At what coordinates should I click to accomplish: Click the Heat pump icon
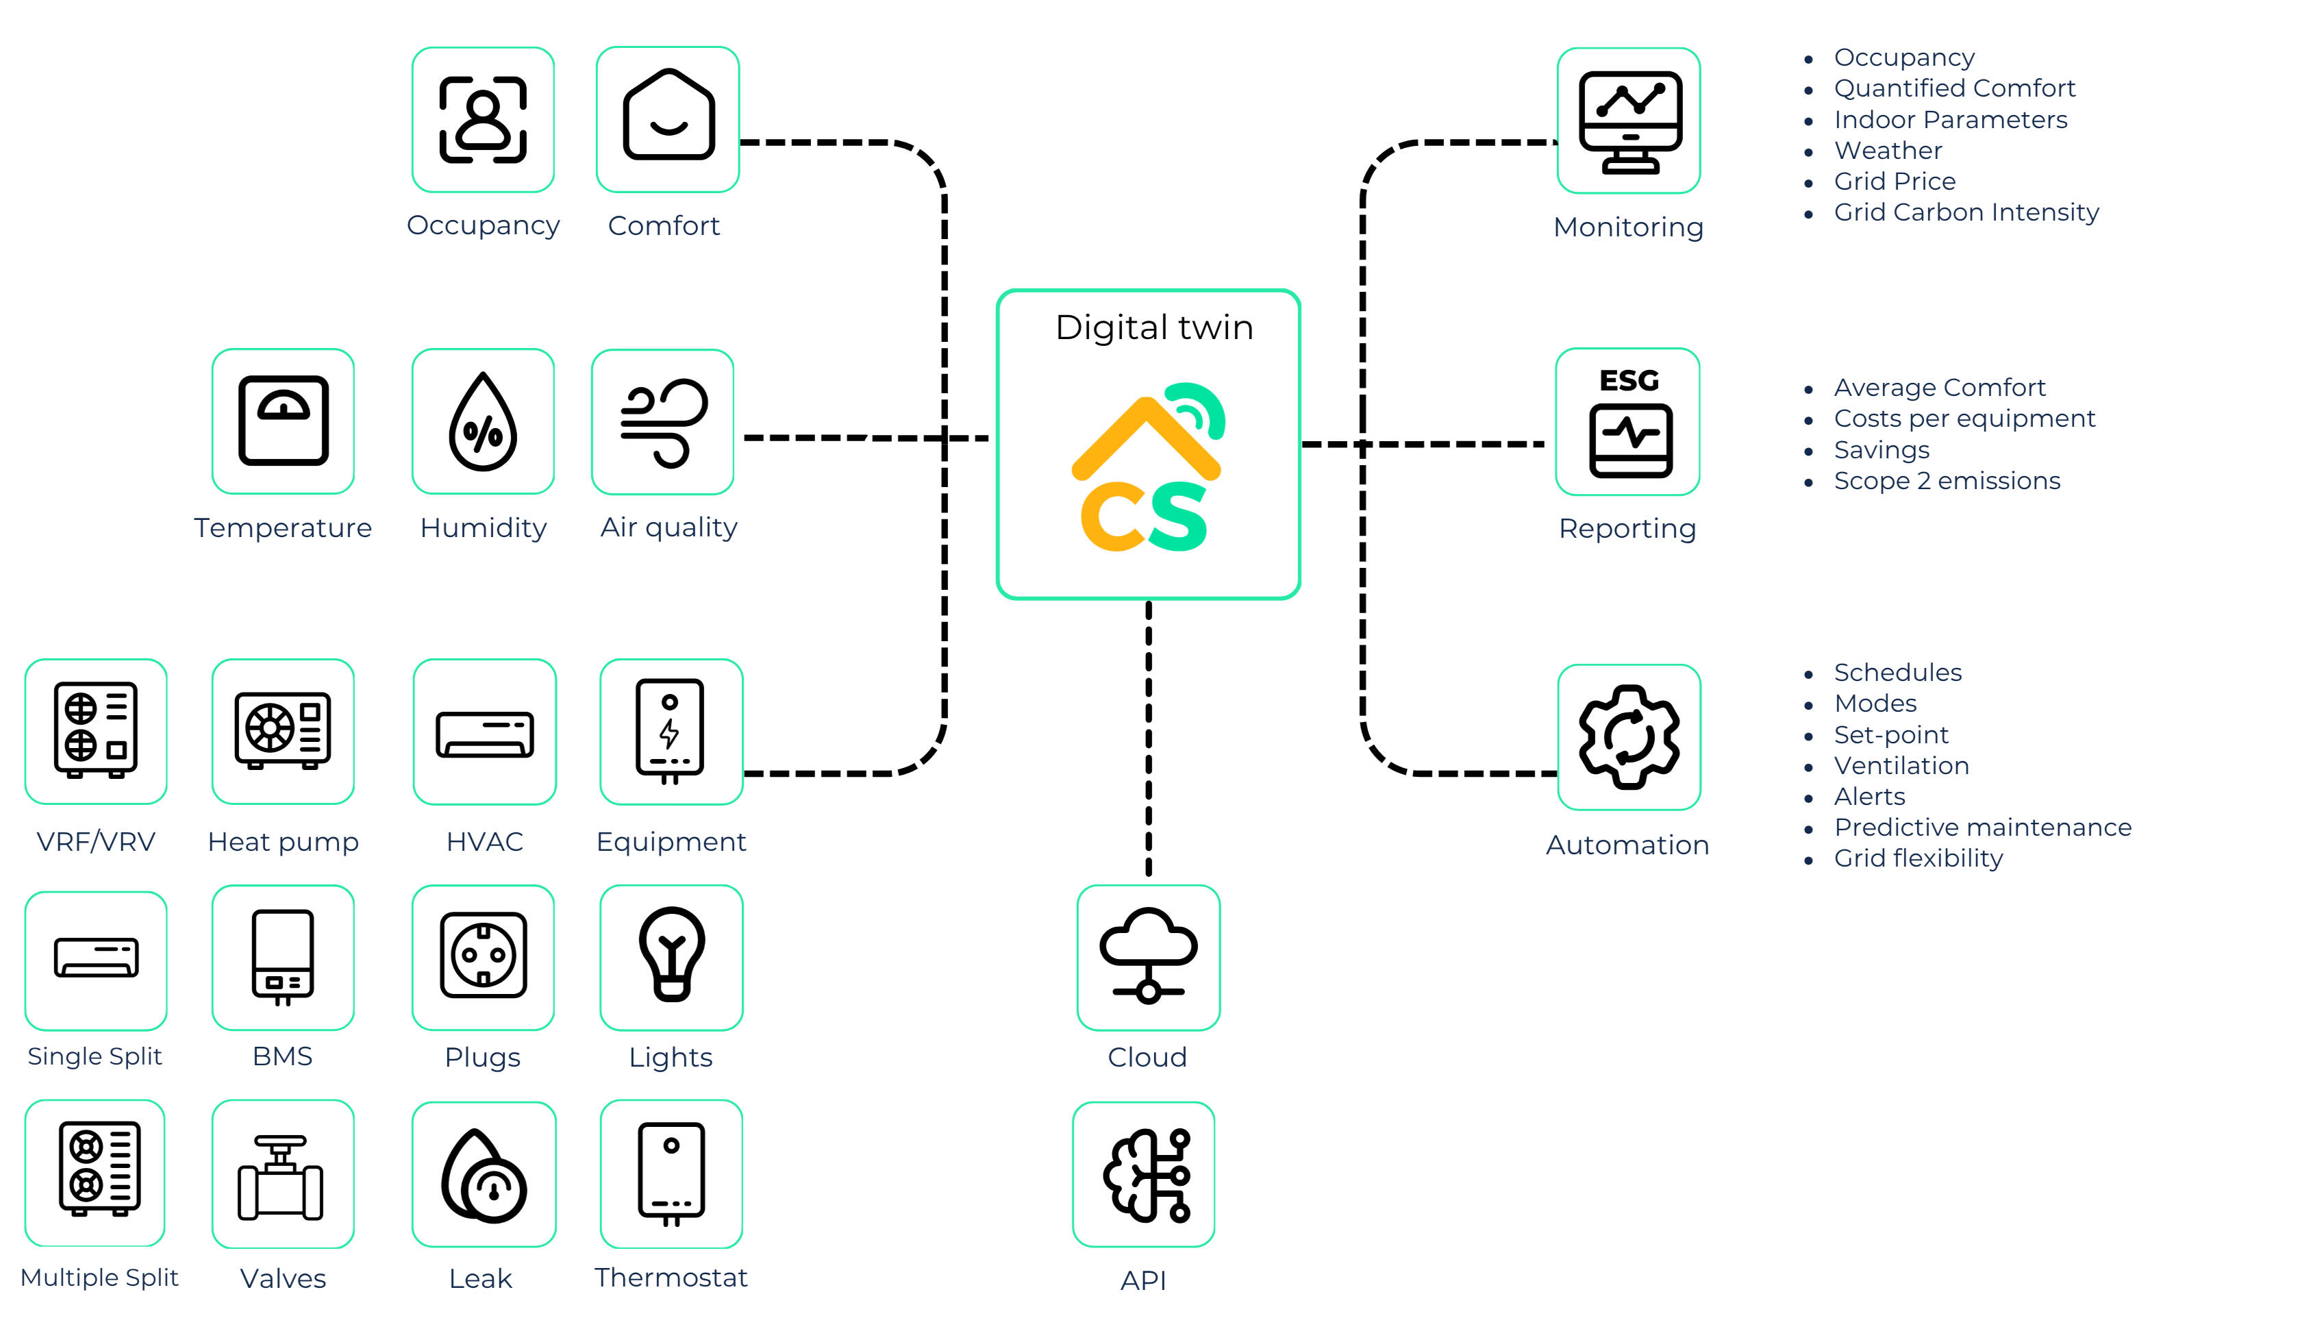click(283, 730)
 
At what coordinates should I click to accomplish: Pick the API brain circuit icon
click(1145, 1174)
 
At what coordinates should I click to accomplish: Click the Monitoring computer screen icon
click(1629, 121)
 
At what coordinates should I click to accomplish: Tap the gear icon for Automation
click(1629, 736)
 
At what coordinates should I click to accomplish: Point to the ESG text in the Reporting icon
click(1629, 380)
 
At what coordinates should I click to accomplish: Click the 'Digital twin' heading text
click(1153, 327)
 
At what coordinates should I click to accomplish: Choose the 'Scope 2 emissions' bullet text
click(1947, 481)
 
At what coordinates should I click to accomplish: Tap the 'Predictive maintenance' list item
click(1982, 828)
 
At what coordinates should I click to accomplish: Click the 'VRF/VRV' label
click(96, 841)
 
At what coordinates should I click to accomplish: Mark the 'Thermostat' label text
click(671, 1277)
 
